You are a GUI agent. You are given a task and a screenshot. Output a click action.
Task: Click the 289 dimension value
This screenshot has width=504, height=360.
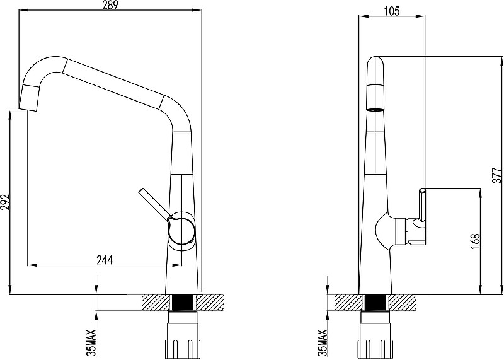(x=111, y=4)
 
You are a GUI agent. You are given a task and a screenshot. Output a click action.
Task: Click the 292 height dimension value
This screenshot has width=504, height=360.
(x=5, y=202)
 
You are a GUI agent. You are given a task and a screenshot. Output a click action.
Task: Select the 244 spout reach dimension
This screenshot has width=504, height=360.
(x=105, y=260)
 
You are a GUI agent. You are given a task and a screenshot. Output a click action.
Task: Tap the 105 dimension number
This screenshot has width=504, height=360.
(x=392, y=11)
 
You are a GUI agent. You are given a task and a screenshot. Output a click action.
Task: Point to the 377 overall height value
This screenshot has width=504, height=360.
(x=497, y=175)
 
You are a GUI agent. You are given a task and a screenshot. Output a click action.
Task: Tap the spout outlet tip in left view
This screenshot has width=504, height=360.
(x=28, y=109)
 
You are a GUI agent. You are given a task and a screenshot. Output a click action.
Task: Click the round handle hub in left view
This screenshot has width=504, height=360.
(x=181, y=230)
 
